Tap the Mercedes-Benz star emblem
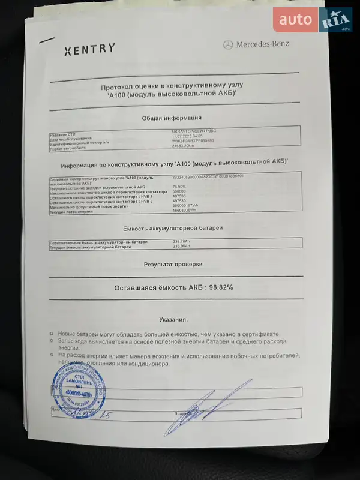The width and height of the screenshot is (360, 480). [227, 44]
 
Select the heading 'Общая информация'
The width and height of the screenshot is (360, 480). [172, 118]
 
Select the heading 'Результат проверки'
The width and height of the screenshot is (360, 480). [173, 264]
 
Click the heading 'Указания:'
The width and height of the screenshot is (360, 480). [173, 320]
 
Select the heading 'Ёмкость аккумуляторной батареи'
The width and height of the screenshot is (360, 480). [172, 229]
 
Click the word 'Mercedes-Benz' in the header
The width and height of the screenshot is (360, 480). [262, 44]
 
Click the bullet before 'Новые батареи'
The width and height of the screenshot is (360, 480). [52, 334]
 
